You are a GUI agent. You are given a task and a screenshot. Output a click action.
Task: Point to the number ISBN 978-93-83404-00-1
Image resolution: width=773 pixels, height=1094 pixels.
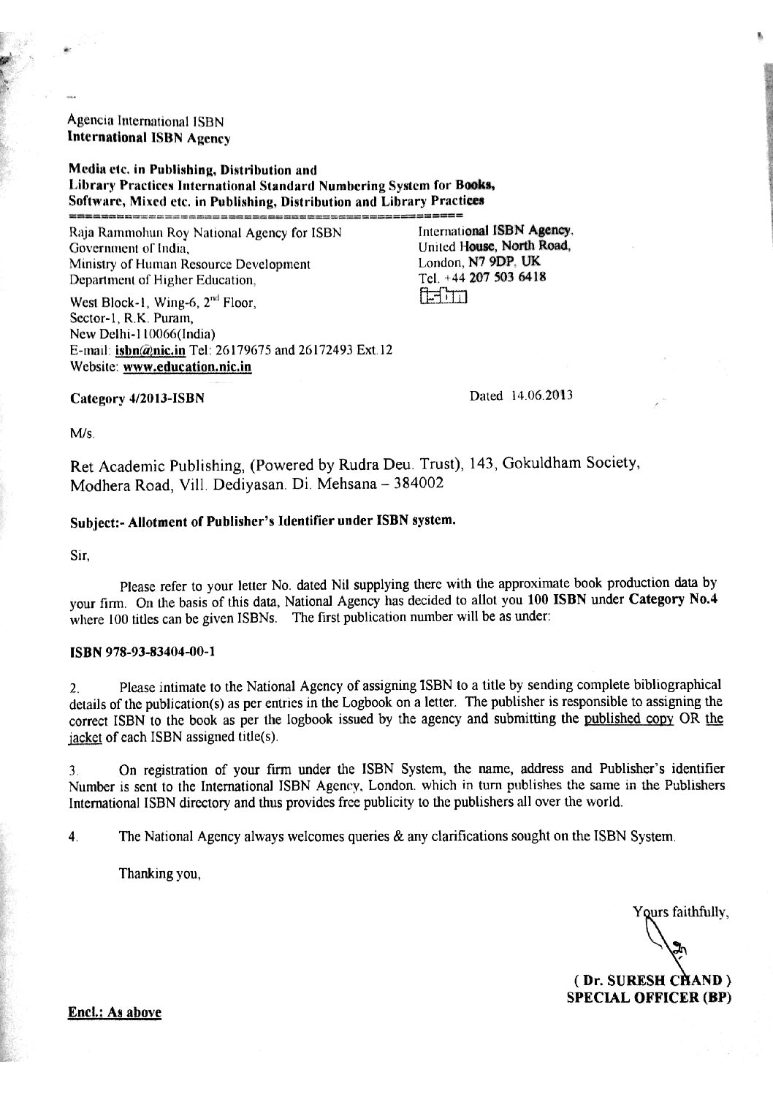click(142, 653)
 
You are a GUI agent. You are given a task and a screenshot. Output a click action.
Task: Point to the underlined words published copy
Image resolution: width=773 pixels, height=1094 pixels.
click(623, 720)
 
